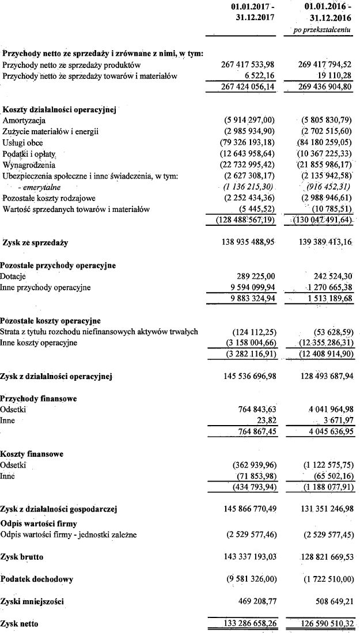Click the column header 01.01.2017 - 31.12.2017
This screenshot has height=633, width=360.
pos(248,12)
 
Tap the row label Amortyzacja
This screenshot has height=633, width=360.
pos(24,120)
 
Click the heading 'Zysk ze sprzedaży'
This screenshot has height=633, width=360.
pos(35,242)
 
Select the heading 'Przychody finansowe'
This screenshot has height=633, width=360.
pos(39,399)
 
